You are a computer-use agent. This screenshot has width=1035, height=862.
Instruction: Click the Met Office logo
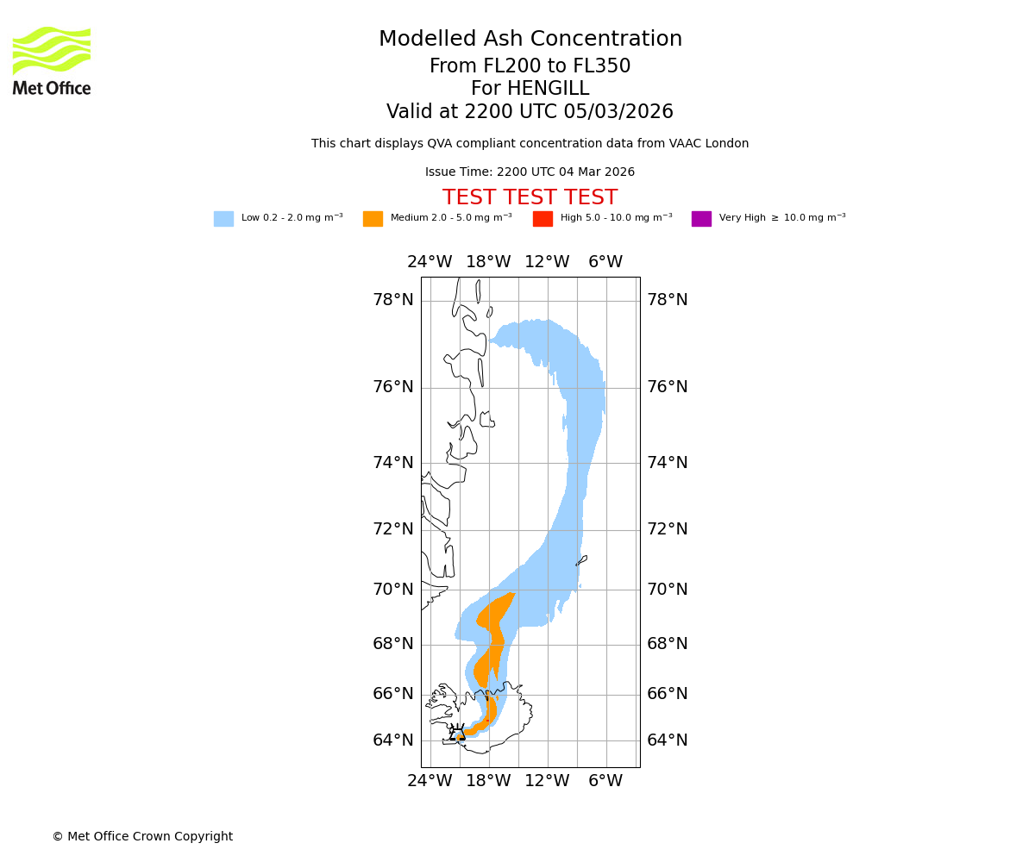pos(52,60)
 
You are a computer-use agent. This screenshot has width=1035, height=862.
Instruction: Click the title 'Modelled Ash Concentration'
pos(530,40)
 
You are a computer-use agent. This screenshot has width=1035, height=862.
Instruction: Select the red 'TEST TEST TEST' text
pos(530,198)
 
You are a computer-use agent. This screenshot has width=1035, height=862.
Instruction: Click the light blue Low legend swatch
pos(223,219)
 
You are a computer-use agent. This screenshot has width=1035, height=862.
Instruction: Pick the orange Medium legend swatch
pos(373,219)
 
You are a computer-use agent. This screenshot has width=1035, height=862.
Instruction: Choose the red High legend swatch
pos(543,219)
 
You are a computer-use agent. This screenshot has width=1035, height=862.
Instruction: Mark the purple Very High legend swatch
pos(701,219)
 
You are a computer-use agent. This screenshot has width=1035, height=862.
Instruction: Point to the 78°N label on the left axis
pos(393,300)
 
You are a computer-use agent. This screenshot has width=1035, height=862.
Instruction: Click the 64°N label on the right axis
pos(668,740)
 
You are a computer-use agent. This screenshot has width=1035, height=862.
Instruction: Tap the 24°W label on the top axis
pos(430,262)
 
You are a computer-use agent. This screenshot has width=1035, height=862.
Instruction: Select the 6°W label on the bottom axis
pos(605,781)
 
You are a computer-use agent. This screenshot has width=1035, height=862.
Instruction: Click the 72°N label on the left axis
pos(393,529)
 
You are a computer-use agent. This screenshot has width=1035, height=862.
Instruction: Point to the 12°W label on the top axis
pos(547,262)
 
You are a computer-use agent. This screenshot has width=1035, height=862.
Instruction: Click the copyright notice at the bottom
pos(142,837)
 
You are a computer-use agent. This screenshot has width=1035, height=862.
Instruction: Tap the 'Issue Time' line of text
pos(530,172)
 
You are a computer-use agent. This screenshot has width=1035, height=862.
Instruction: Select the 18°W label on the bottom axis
pos(488,781)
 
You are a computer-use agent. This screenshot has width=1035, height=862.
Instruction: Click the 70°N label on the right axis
pos(668,590)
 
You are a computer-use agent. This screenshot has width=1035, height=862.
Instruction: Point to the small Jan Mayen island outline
pos(581,560)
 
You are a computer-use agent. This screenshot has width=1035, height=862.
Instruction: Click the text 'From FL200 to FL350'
pos(530,66)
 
